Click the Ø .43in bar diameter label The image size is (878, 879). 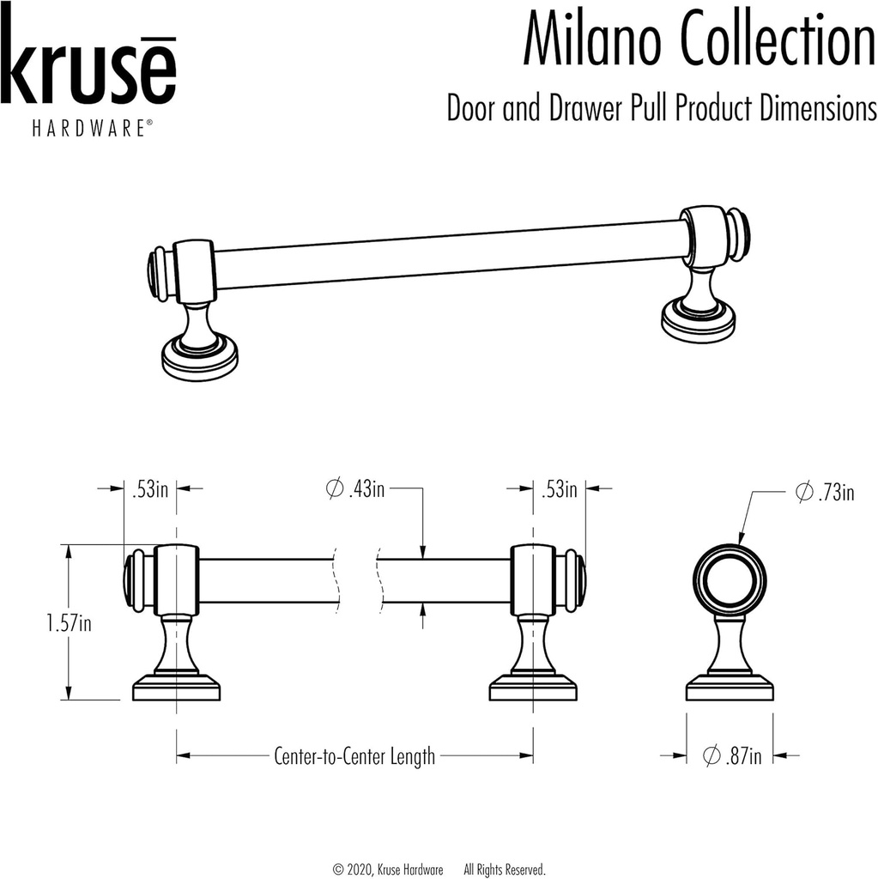coord(356,489)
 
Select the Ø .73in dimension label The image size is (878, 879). coord(825,493)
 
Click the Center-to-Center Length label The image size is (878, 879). coord(354,756)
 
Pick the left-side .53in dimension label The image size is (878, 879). coord(149,490)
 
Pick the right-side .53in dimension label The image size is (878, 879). coord(559,490)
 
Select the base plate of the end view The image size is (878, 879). coord(730,689)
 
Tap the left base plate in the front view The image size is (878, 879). coord(177,689)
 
